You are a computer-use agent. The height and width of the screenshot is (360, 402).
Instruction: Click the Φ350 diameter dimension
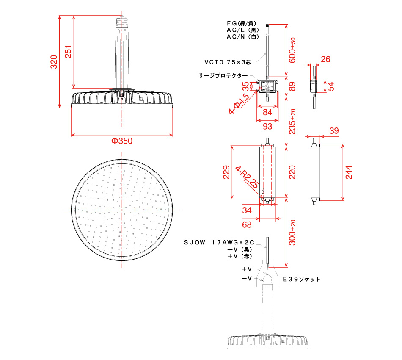[122, 141]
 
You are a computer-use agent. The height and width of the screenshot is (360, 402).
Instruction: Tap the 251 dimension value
[68, 52]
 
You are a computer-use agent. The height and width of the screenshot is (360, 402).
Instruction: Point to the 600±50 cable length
[292, 50]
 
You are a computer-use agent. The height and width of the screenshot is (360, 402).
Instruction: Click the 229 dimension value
[226, 172]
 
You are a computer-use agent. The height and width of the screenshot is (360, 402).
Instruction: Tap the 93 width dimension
[267, 126]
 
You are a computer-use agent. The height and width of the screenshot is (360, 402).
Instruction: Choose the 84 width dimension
[267, 112]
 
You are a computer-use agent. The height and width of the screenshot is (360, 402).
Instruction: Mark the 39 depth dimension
[334, 131]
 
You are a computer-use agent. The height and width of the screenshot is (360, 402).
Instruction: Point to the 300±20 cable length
[292, 233]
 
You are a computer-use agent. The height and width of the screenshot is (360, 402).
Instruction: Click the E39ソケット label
[301, 279]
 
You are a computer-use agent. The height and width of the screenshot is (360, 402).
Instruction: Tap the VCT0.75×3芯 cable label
[228, 62]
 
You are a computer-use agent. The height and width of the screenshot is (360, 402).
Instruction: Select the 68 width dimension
[247, 224]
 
